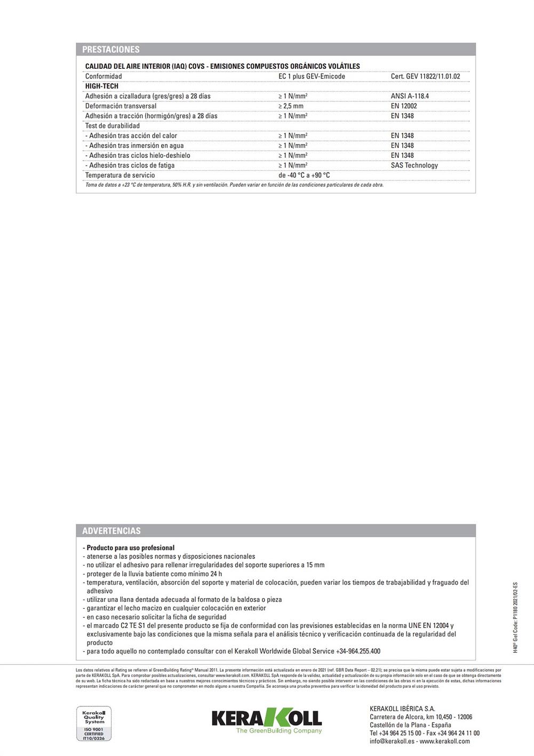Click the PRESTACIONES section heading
pyautogui.click(x=111, y=50)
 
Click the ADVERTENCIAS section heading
pyautogui.click(x=111, y=531)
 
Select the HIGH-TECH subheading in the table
pyautogui.click(x=102, y=86)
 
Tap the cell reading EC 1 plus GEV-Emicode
pyautogui.click(x=312, y=76)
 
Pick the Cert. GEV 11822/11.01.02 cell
pyautogui.click(x=425, y=76)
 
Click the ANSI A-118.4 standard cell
pyautogui.click(x=410, y=96)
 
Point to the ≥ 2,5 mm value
pyautogui.click(x=291, y=106)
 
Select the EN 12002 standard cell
pyautogui.click(x=404, y=106)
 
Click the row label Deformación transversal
pyautogui.click(x=121, y=106)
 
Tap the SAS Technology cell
pyautogui.click(x=414, y=165)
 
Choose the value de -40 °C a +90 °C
pyautogui.click(x=304, y=175)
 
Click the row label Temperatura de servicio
pyautogui.click(x=120, y=175)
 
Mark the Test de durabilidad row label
pyautogui.click(x=113, y=126)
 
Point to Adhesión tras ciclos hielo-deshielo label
pyautogui.click(x=138, y=155)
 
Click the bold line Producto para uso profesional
pyautogui.click(x=130, y=548)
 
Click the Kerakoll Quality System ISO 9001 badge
pyautogui.click(x=94, y=723)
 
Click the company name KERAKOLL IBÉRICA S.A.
pyautogui.click(x=402, y=709)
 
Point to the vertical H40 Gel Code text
pyautogui.click(x=515, y=617)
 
